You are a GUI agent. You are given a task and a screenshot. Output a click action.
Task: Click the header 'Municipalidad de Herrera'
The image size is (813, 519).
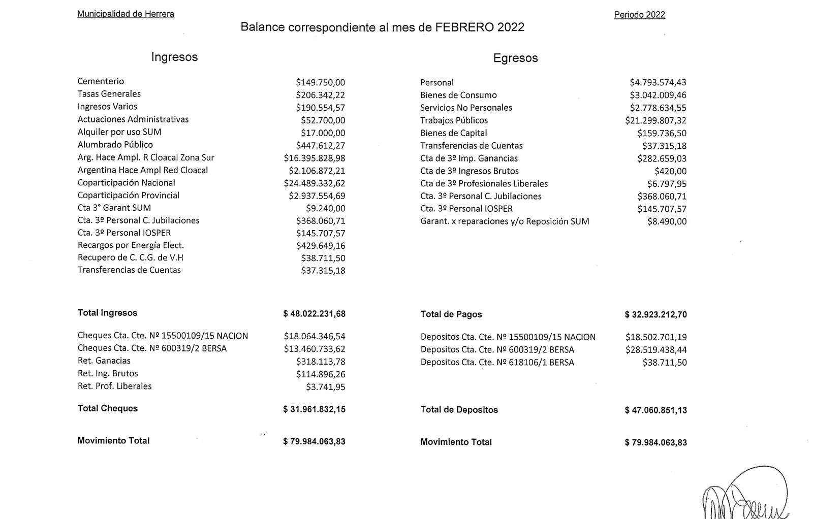pos(126,14)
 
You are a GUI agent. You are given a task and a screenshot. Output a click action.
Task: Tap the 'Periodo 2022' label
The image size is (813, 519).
pos(639,15)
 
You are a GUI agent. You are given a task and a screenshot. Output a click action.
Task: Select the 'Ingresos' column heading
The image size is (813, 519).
pos(174,57)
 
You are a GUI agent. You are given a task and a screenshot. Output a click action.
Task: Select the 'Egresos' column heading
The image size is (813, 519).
pos(515,58)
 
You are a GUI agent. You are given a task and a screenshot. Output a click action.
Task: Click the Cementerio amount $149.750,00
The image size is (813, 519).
pos(320,82)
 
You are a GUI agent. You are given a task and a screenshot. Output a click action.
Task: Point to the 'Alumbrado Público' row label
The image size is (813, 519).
pos(115,145)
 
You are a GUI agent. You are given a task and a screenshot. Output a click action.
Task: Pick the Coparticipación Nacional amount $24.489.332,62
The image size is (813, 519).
pos(315,183)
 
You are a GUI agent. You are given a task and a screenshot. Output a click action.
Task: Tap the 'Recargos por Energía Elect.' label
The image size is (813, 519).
pos(131,245)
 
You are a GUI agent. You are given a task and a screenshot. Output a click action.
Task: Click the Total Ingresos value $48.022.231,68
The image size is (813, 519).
pos(315,314)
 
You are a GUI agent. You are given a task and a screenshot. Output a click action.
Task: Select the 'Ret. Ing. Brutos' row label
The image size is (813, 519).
pos(108,373)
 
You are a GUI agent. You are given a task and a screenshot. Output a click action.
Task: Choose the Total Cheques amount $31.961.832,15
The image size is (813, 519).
pos(315,409)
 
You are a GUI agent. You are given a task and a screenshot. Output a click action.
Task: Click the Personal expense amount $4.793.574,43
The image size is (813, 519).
pos(658,82)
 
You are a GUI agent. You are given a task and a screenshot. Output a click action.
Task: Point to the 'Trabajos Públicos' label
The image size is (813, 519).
pos(454,120)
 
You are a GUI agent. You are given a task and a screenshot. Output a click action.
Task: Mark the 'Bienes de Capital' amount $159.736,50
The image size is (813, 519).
pos(662,133)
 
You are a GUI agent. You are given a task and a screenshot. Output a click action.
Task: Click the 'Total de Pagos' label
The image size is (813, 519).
pos(451,314)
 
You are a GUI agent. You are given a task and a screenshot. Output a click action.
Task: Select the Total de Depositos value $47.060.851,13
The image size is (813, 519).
pos(656,410)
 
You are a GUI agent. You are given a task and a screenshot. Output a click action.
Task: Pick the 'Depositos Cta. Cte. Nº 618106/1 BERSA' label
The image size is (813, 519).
pos(497,363)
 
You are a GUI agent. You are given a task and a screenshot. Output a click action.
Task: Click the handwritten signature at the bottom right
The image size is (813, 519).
pos(744,495)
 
